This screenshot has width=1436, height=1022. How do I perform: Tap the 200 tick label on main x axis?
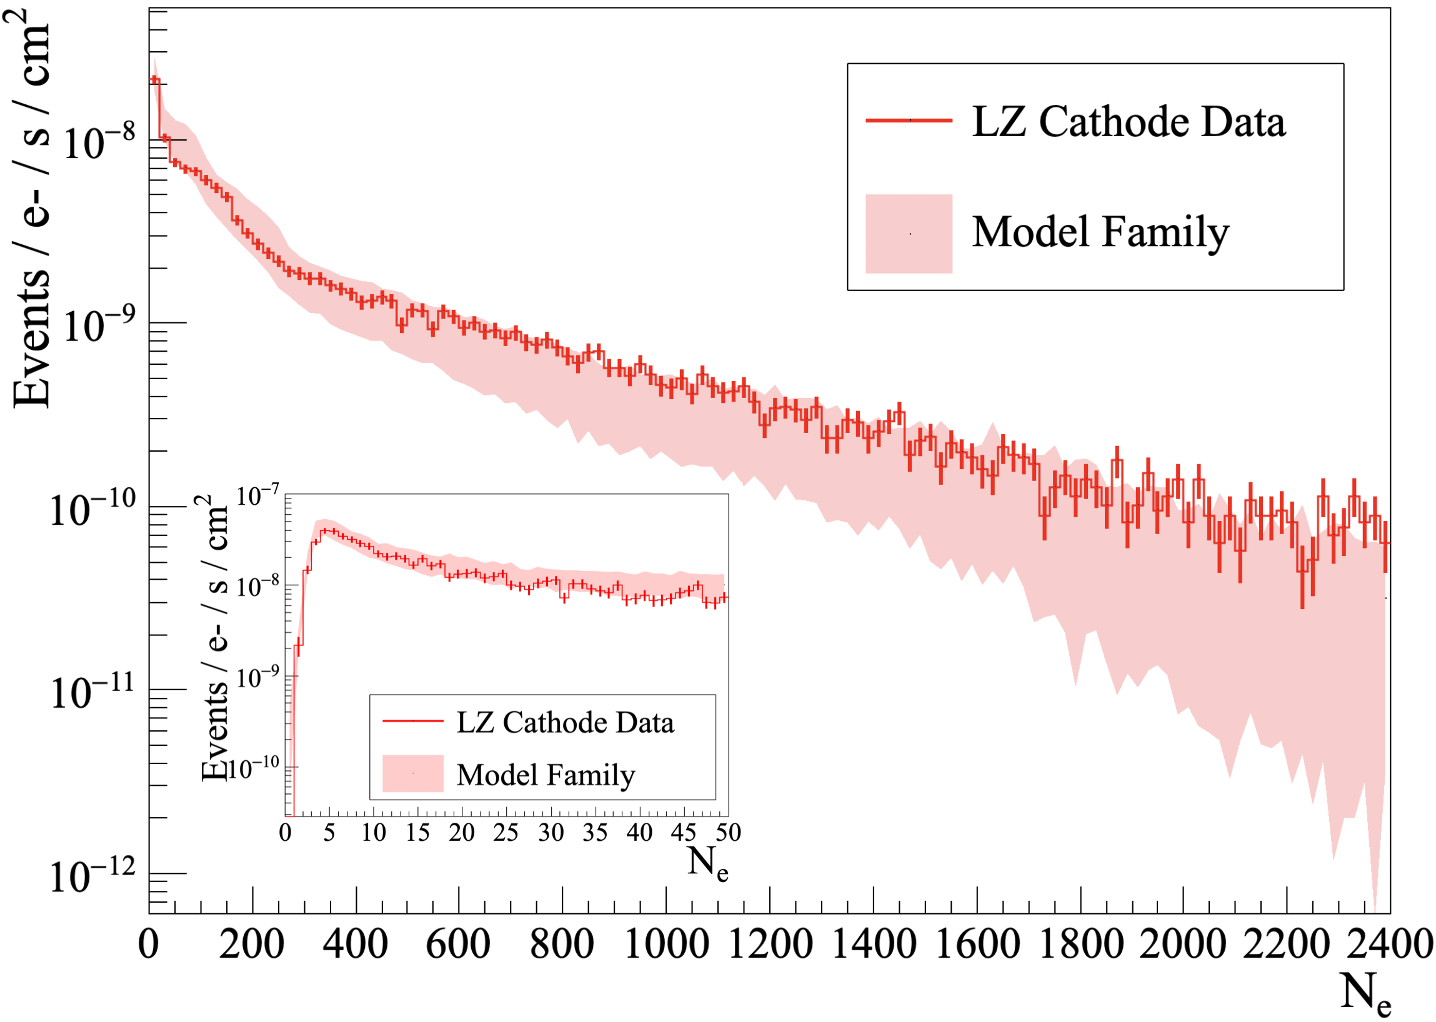click(x=252, y=945)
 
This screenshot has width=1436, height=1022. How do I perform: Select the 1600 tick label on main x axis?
click(x=977, y=945)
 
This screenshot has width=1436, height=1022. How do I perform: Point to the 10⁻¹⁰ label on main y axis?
click(x=92, y=509)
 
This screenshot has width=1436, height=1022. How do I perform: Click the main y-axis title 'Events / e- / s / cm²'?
click(x=31, y=207)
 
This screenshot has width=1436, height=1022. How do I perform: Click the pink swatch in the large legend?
click(x=909, y=234)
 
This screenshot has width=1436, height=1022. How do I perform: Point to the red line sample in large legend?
click(x=909, y=119)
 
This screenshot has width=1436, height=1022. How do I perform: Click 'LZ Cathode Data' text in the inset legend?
click(x=565, y=722)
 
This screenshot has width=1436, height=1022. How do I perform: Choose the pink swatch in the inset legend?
click(x=413, y=773)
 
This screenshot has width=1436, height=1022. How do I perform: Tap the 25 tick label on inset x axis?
click(x=506, y=833)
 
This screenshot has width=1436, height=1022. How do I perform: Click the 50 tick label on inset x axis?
click(x=728, y=833)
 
